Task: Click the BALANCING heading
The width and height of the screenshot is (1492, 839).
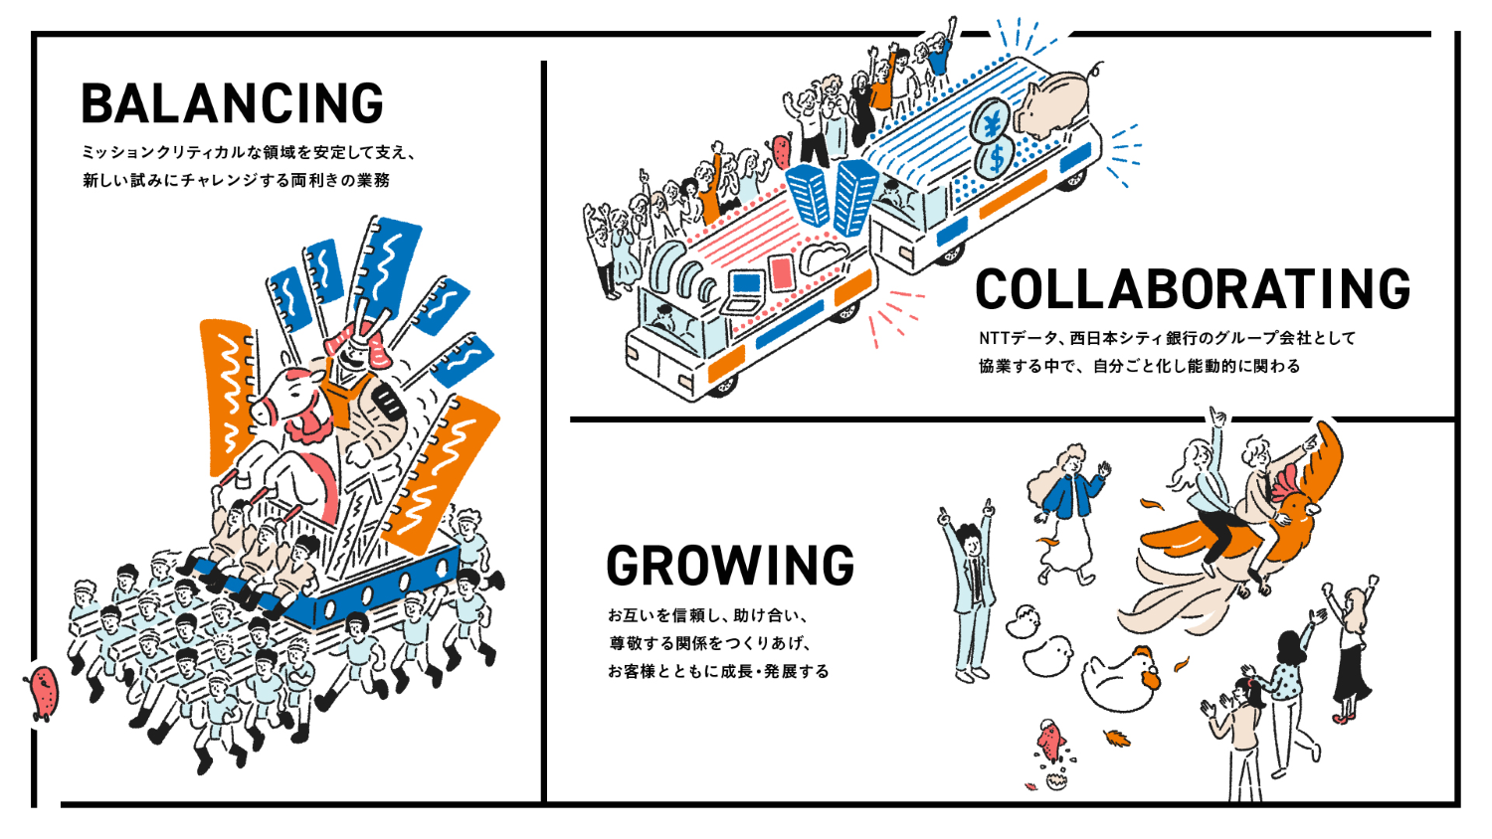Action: tap(232, 103)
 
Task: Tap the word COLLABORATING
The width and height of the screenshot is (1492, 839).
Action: tap(1192, 289)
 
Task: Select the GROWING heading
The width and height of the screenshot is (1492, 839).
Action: tap(730, 565)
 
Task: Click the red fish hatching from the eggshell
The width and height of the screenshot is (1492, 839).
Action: tap(1050, 742)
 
